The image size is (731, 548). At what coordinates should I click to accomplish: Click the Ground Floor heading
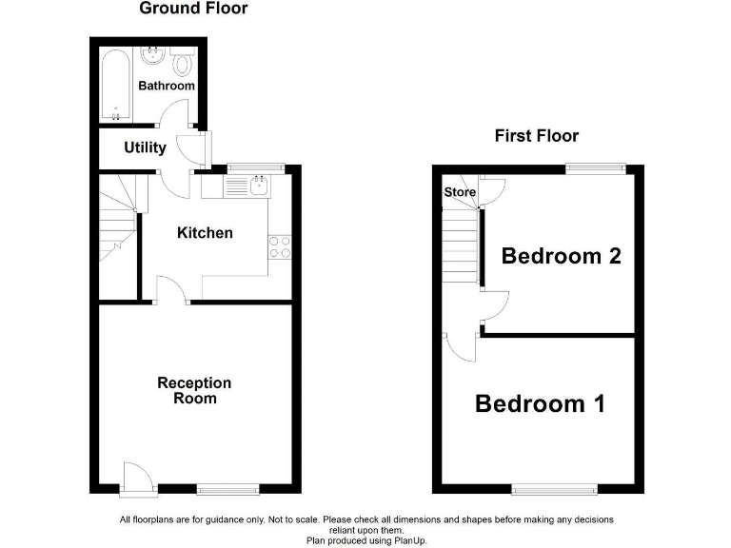click(193, 9)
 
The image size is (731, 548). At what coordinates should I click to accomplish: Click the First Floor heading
click(536, 136)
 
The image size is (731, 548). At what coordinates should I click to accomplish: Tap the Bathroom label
click(167, 86)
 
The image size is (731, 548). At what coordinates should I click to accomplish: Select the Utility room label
click(145, 147)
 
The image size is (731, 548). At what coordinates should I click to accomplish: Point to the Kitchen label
click(205, 233)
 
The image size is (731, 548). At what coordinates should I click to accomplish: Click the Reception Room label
click(194, 390)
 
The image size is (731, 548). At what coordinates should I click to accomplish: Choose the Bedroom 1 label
click(540, 404)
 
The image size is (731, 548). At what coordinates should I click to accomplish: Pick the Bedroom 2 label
click(562, 256)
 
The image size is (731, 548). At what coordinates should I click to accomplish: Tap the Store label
click(460, 193)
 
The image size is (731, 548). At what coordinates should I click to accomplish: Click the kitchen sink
click(257, 186)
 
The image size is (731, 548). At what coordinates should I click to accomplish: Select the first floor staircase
click(460, 243)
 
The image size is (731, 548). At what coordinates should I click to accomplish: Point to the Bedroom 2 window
click(596, 168)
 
